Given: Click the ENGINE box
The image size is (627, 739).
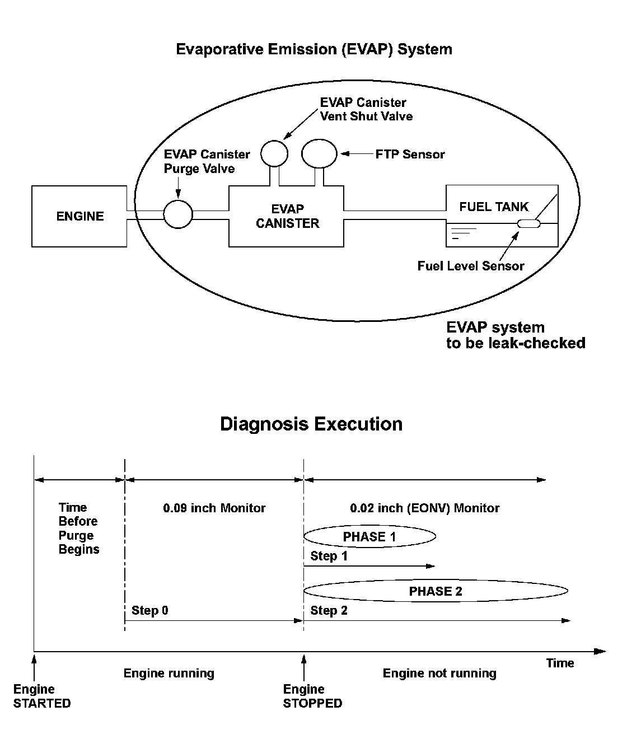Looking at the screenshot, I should pyautogui.click(x=79, y=216).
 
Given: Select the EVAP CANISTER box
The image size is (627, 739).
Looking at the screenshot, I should pyautogui.click(x=287, y=216).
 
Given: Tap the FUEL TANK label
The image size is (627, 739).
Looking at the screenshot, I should pyautogui.click(x=494, y=207).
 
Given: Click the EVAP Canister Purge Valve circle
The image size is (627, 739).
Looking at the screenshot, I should pyautogui.click(x=178, y=214).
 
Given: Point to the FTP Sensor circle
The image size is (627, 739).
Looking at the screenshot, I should pyautogui.click(x=319, y=153).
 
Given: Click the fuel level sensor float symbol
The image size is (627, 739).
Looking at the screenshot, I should pyautogui.click(x=528, y=224).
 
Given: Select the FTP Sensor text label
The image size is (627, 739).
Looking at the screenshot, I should pyautogui.click(x=410, y=154).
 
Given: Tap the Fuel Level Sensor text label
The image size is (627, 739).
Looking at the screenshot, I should pyautogui.click(x=470, y=266).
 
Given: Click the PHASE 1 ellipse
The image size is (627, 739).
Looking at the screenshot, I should pyautogui.click(x=369, y=537).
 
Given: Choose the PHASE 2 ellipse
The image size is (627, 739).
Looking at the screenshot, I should pyautogui.click(x=436, y=591).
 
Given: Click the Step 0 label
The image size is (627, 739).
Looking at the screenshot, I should pyautogui.click(x=149, y=610).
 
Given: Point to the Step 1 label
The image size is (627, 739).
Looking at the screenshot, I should pyautogui.click(x=329, y=556).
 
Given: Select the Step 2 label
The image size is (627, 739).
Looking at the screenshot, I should pyautogui.click(x=329, y=610).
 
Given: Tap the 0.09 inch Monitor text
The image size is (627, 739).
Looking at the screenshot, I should pyautogui.click(x=214, y=508).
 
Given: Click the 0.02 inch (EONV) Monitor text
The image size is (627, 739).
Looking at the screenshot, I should pyautogui.click(x=424, y=508).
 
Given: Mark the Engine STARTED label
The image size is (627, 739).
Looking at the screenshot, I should pyautogui.click(x=42, y=696).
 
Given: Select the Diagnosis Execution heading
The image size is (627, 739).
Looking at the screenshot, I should pyautogui.click(x=311, y=423).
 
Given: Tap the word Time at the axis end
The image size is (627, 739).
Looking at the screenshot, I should pyautogui.click(x=560, y=663).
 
